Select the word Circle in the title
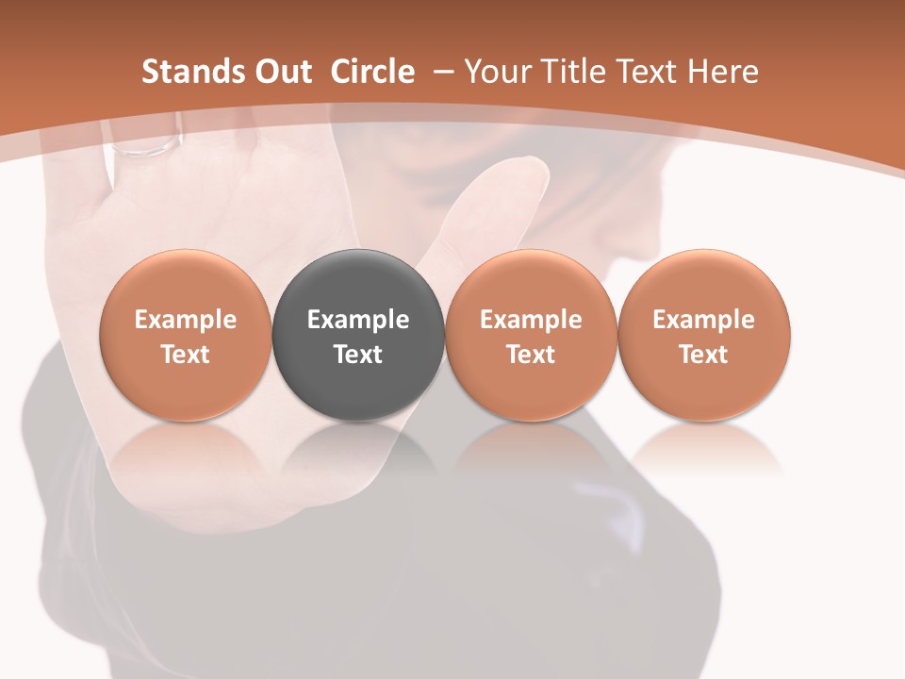372,72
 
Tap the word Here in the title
723,72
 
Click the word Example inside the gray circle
358,320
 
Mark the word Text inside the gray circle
358,355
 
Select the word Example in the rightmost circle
703,320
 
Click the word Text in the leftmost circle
186,355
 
